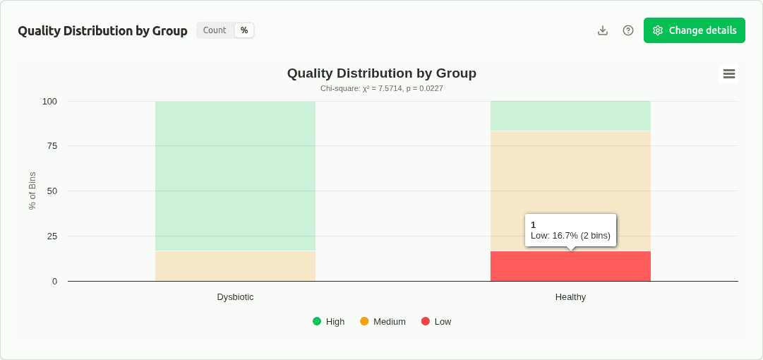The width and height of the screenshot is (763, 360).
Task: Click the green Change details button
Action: click(x=694, y=30)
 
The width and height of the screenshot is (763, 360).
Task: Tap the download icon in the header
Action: click(x=603, y=30)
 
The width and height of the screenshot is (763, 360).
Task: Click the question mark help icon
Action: click(x=628, y=30)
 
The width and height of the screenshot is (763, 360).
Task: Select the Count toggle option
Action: click(x=215, y=30)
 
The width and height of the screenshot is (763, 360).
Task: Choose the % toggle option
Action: click(x=244, y=30)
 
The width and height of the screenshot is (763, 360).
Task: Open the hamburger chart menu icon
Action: click(x=729, y=73)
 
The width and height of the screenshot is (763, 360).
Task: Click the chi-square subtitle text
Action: click(x=381, y=88)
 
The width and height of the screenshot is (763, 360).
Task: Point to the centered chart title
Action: click(x=381, y=73)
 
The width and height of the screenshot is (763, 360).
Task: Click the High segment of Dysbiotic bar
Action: click(x=235, y=176)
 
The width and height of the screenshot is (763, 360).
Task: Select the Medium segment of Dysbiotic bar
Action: click(x=235, y=266)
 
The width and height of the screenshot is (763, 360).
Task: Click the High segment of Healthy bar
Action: click(x=570, y=116)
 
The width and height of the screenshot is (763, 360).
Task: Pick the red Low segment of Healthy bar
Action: click(x=570, y=267)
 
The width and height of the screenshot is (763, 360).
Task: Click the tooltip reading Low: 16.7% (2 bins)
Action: click(x=570, y=230)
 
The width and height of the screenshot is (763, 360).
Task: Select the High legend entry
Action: click(x=329, y=321)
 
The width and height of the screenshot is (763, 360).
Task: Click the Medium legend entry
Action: click(x=383, y=321)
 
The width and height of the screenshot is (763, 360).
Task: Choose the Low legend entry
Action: click(x=436, y=321)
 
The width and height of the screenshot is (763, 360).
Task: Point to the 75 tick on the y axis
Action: click(x=52, y=146)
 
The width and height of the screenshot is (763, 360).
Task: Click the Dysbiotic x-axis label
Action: click(x=235, y=297)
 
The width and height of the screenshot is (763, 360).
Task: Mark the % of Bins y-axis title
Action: click(x=32, y=191)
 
